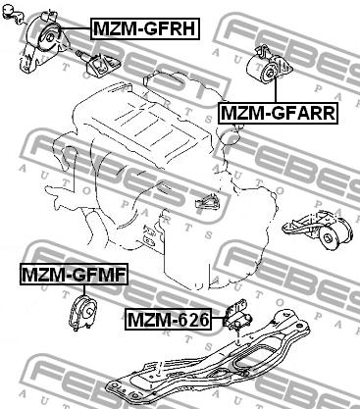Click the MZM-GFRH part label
point(145,28)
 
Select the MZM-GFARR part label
point(278,113)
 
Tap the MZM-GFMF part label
point(74,275)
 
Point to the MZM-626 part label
point(168,320)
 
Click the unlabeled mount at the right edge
point(318,230)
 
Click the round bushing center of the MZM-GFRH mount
point(50,37)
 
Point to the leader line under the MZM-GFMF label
point(84,290)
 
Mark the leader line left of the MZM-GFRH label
point(76,28)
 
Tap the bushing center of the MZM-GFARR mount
point(270,73)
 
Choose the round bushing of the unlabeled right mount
point(327,238)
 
